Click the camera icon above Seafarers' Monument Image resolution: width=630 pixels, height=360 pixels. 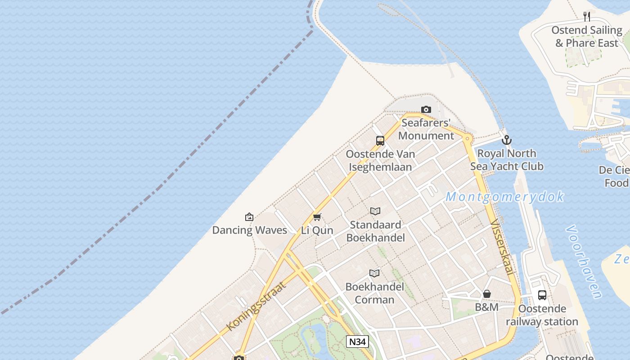click(x=426, y=109)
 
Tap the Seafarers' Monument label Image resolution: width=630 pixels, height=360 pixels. click(x=426, y=129)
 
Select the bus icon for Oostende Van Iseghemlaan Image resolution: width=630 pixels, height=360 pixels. click(x=380, y=140)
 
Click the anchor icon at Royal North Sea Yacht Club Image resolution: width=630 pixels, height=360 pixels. click(x=507, y=140)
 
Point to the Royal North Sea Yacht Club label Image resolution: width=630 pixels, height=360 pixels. click(x=507, y=160)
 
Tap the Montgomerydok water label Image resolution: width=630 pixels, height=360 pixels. click(x=505, y=197)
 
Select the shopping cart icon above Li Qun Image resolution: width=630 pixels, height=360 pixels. click(x=317, y=217)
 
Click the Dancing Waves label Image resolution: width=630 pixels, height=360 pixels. click(x=249, y=230)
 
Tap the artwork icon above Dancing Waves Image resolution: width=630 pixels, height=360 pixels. click(x=249, y=217)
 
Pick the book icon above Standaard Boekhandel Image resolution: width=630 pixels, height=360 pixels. click(x=375, y=211)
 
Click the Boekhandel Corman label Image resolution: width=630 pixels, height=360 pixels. click(x=374, y=293)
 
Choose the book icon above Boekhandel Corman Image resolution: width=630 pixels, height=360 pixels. click(x=374, y=273)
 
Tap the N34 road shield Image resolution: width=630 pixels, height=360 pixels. click(x=357, y=342)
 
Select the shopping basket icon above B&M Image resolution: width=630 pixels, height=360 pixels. click(x=487, y=294)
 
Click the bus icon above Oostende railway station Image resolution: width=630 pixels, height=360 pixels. click(x=542, y=295)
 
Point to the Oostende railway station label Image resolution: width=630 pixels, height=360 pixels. click(x=542, y=315)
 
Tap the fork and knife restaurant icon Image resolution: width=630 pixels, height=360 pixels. click(x=587, y=17)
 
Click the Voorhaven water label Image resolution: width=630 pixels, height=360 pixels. click(x=584, y=262)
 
